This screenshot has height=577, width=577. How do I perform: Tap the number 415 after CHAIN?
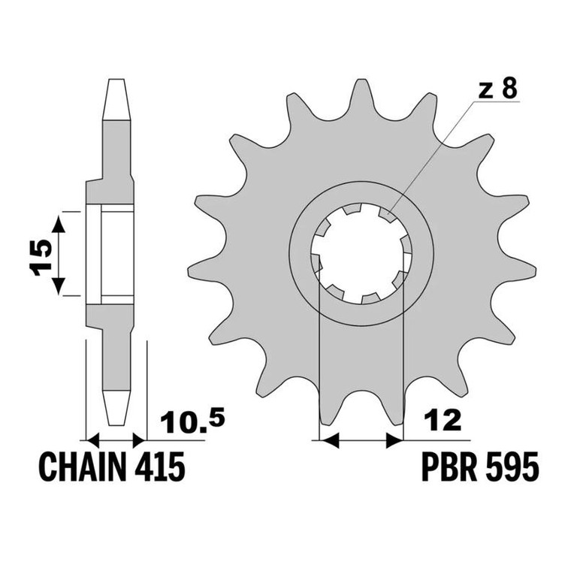coord(159,467)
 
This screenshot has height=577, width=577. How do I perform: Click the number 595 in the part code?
coord(512,467)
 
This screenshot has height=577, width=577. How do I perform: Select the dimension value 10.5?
coord(192,422)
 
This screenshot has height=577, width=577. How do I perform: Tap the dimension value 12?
coord(443,421)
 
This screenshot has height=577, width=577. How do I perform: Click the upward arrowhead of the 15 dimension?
coord(58,225)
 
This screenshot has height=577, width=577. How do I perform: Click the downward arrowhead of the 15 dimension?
coord(58,286)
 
